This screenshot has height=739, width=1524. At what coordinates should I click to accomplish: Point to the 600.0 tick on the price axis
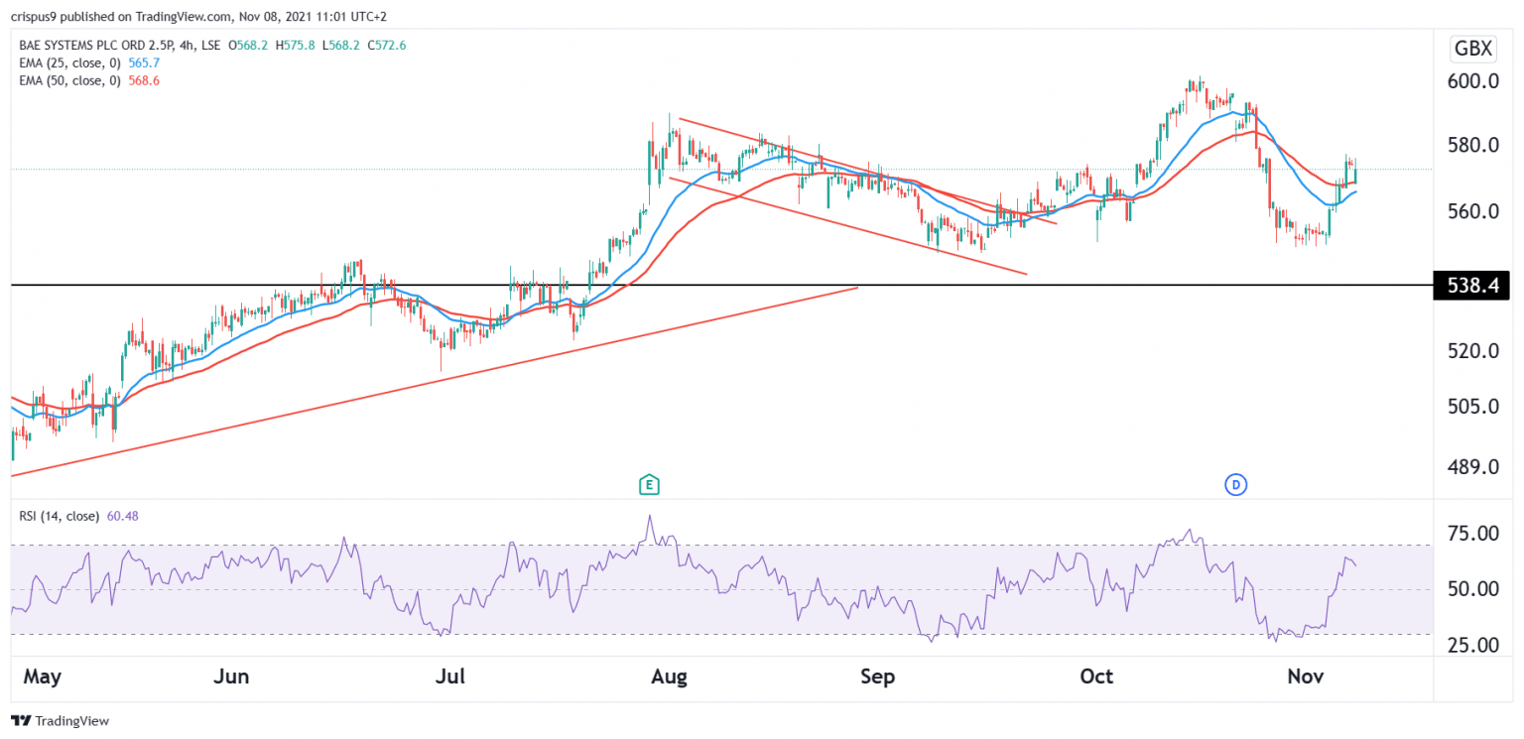tap(1472, 81)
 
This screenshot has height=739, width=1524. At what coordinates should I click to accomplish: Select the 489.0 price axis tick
tap(1472, 466)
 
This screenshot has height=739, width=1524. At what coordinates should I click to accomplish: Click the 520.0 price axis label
tap(1472, 351)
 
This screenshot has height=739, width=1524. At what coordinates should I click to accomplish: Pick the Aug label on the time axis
tap(669, 677)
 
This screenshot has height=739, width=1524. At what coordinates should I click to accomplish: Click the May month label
tap(42, 677)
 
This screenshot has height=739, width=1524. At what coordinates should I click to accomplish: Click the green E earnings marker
tap(649, 485)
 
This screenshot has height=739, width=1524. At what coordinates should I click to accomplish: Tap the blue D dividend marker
tap(1235, 485)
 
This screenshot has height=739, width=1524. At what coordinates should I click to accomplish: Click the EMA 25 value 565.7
tap(143, 62)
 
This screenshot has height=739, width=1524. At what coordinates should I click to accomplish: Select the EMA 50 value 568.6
tap(143, 80)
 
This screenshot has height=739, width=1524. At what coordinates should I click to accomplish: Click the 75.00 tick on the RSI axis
tap(1472, 534)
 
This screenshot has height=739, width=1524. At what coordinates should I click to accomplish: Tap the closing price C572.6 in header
tap(394, 45)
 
